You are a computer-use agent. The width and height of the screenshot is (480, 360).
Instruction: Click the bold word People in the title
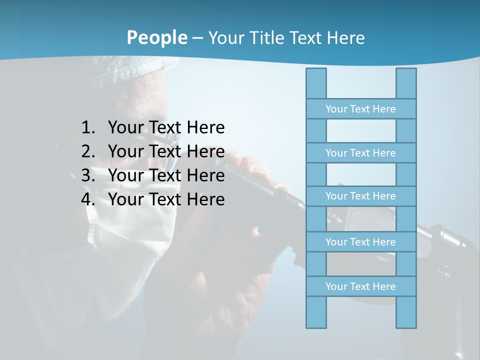(x=157, y=37)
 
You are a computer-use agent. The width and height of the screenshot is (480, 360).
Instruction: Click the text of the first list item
(x=166, y=128)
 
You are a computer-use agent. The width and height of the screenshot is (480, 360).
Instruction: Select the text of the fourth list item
(x=166, y=199)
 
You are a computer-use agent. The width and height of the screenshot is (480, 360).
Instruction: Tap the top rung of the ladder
(x=360, y=109)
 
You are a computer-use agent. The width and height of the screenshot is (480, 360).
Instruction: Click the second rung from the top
(x=360, y=153)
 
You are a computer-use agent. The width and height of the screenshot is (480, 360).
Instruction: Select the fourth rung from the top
(x=360, y=242)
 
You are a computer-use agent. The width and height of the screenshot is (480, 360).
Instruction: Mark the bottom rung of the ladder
(x=360, y=286)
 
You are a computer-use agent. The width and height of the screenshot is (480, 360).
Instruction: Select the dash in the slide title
(x=197, y=38)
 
